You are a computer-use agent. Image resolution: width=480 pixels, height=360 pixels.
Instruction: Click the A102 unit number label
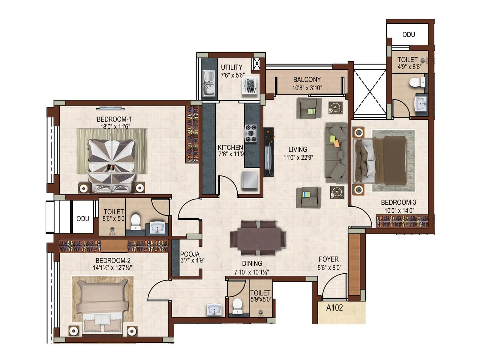[x=334, y=308]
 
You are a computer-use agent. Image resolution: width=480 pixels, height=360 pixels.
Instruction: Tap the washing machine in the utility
[x=250, y=86]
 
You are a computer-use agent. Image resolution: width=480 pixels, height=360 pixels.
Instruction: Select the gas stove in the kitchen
[x=251, y=133]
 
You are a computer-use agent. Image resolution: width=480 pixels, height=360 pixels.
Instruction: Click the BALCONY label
[x=307, y=79]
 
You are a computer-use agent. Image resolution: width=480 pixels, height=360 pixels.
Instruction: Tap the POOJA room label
[x=190, y=254]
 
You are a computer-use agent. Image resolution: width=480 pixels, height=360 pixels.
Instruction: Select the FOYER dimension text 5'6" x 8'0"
[x=329, y=268]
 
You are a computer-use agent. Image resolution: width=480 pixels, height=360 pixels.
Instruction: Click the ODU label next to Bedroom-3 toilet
[x=408, y=35]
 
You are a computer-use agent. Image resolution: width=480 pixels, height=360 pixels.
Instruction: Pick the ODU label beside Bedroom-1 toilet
[x=82, y=219]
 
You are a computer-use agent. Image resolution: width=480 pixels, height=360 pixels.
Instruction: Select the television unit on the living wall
[x=268, y=152]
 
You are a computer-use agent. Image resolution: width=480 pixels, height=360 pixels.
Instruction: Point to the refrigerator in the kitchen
[x=250, y=181]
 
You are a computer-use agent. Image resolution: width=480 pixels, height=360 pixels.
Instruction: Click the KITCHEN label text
[x=230, y=147]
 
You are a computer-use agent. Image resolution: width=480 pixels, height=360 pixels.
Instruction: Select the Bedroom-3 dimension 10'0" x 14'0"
[x=399, y=211]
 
